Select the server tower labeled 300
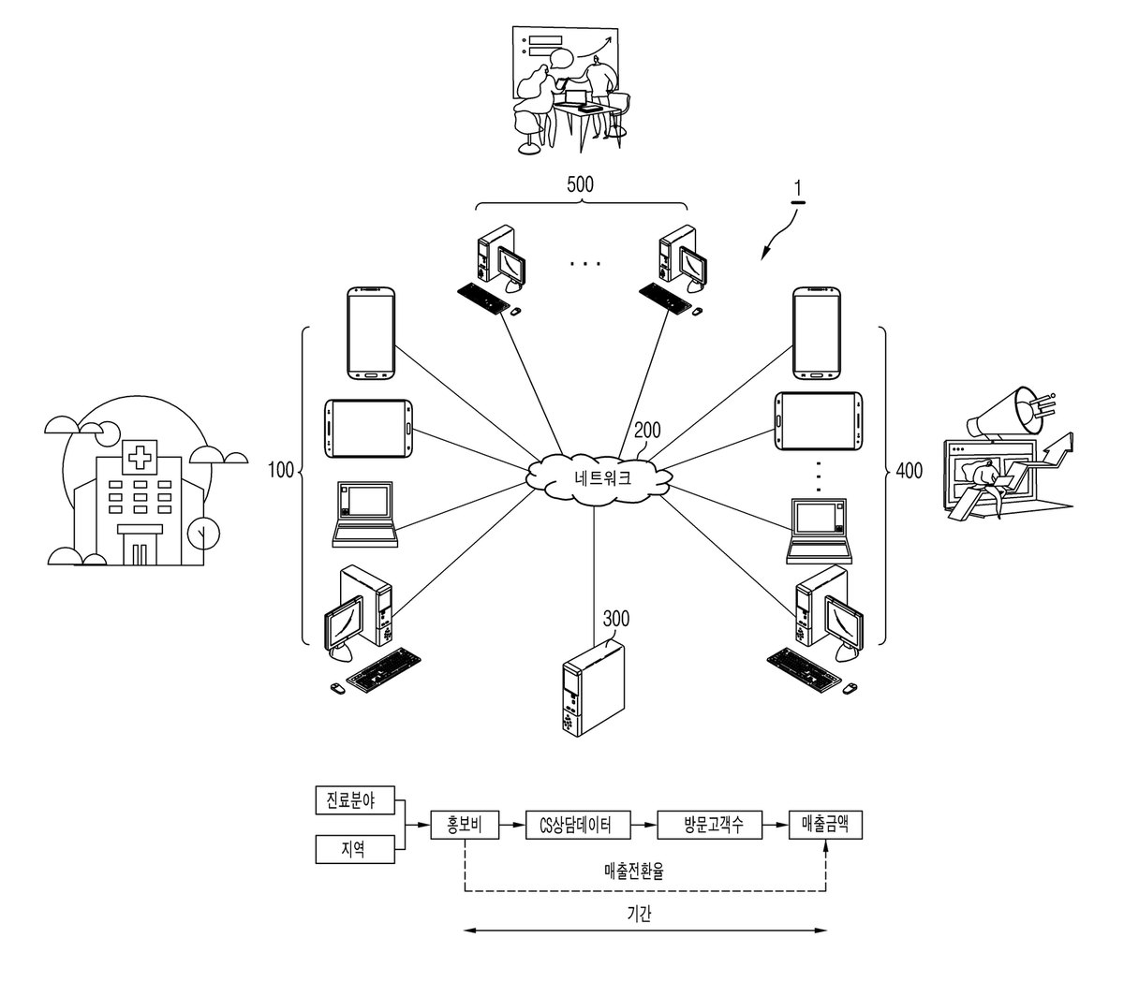pyautogui.click(x=593, y=689)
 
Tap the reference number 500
pyautogui.click(x=580, y=184)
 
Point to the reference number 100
pyautogui.click(x=281, y=470)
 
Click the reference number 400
pyautogui.click(x=909, y=471)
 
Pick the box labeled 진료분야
pyautogui.click(x=355, y=800)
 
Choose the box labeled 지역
pyautogui.click(x=355, y=849)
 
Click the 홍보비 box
pyautogui.click(x=465, y=825)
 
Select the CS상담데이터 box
pyautogui.click(x=578, y=825)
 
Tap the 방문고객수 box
pyautogui.click(x=709, y=825)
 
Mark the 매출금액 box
pyautogui.click(x=825, y=825)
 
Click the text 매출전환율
pyautogui.click(x=633, y=871)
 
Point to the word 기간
pyautogui.click(x=639, y=914)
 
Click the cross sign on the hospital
pyautogui.click(x=140, y=457)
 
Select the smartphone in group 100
pyautogui.click(x=371, y=333)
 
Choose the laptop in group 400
pyautogui.click(x=820, y=531)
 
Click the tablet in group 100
pyautogui.click(x=368, y=428)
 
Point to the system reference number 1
pyautogui.click(x=798, y=189)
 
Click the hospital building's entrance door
pyautogui.click(x=140, y=553)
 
